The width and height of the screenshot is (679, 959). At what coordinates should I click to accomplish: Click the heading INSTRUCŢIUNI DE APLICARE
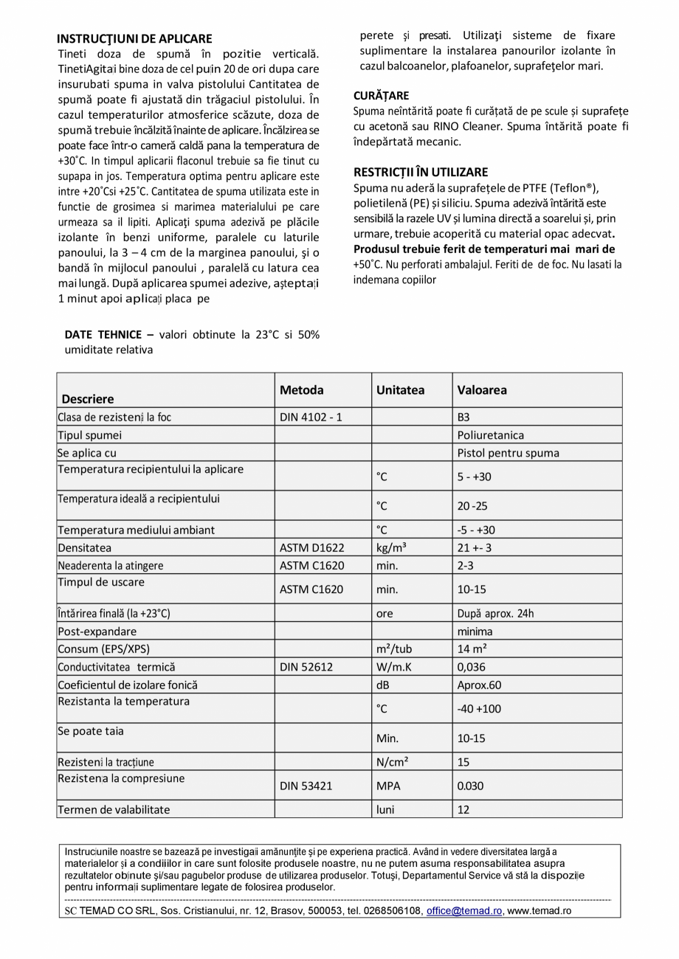click(x=134, y=38)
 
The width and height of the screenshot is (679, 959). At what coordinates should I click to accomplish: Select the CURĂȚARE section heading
click(x=381, y=96)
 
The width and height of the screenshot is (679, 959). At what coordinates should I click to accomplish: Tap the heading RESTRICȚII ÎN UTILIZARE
click(x=420, y=173)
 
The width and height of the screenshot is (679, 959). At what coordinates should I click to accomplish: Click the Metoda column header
click(x=301, y=390)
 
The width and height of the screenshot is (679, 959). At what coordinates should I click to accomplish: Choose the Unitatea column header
click(x=400, y=390)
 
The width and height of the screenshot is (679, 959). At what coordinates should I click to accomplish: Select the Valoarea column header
click(x=482, y=390)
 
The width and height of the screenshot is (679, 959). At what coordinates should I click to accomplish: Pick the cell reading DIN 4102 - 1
click(x=311, y=418)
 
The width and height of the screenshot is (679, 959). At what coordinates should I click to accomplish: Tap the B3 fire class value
click(x=463, y=418)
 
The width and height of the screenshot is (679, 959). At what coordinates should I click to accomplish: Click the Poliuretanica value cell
click(x=491, y=435)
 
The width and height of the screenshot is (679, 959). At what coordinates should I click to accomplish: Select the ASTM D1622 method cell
click(x=311, y=548)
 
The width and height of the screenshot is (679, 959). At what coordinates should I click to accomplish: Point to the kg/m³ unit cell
click(x=391, y=548)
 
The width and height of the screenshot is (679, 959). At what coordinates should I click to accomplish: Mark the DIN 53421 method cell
click(x=306, y=786)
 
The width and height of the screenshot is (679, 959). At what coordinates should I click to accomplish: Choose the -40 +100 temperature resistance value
click(x=480, y=709)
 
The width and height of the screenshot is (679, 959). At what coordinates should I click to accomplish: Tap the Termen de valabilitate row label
click(x=114, y=809)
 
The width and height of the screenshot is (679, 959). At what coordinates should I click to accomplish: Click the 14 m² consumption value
click(x=472, y=649)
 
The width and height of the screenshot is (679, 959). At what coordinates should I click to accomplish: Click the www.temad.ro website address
click(x=540, y=911)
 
